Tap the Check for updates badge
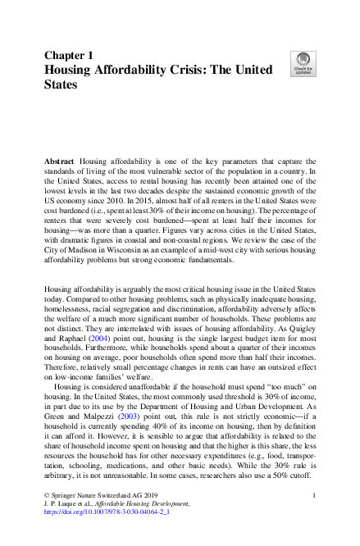(303, 64)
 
